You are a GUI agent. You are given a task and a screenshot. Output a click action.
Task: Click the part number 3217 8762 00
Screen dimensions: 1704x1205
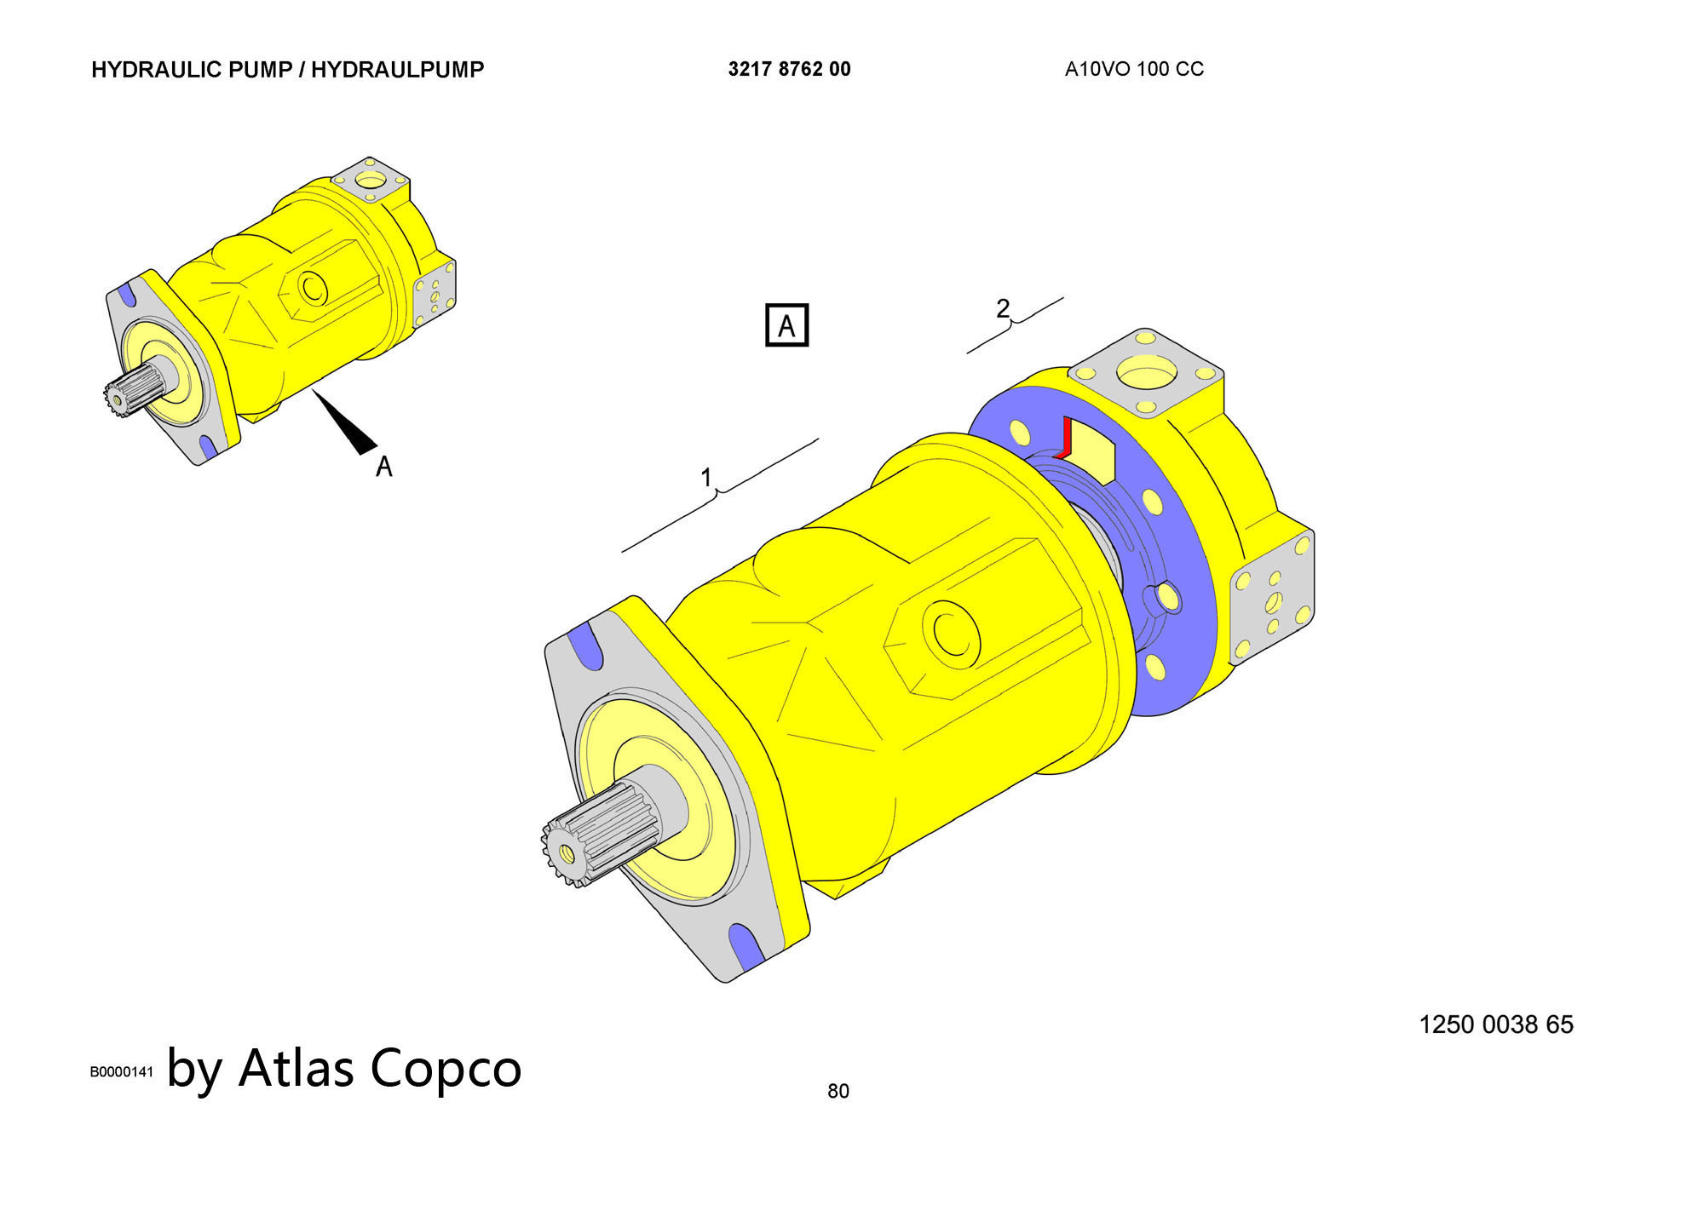tap(789, 69)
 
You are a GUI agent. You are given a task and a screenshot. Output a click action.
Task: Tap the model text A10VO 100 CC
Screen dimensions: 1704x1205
tap(1134, 69)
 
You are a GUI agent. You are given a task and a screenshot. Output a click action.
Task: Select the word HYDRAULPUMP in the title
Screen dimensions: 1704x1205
tap(397, 70)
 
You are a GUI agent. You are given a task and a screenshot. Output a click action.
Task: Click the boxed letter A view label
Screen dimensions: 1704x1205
tap(786, 325)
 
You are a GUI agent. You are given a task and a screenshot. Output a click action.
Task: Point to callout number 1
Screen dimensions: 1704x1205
tap(706, 478)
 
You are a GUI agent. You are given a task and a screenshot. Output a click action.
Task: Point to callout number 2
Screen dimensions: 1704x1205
tap(1003, 307)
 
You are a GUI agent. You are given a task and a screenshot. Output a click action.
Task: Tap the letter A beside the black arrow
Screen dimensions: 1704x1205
tap(384, 467)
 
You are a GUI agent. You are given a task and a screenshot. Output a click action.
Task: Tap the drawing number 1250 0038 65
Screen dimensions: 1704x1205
tap(1496, 1024)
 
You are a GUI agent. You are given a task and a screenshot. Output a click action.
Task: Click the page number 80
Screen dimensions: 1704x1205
tap(838, 1091)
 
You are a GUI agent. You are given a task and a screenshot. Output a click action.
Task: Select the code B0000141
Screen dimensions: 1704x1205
tap(122, 1072)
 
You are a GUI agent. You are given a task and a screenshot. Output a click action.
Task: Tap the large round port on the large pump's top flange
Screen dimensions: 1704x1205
tap(1147, 373)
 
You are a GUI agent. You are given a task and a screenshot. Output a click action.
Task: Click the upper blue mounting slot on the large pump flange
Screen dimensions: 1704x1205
tap(584, 648)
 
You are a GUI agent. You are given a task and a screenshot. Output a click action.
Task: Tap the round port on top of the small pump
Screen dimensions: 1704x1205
tap(371, 181)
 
